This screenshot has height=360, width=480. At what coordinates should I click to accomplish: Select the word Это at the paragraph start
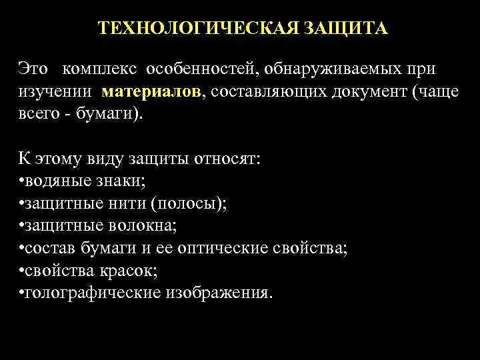(33, 70)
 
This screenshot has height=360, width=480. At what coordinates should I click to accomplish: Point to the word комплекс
(99, 70)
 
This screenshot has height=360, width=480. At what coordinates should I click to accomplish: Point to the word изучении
(56, 92)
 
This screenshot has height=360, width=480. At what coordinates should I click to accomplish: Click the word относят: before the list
(231, 161)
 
